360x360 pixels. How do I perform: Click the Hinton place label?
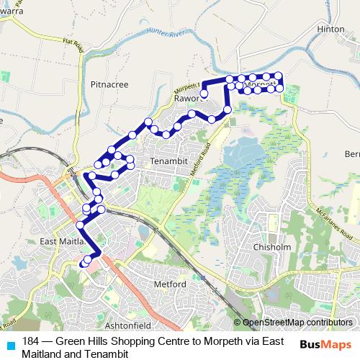[x=331, y=28]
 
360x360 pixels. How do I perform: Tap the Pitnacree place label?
[x=109, y=84]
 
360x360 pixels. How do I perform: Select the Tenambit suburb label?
[x=168, y=163]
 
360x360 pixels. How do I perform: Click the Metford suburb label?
[x=171, y=284]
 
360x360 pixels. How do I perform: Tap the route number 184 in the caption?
[x=30, y=341]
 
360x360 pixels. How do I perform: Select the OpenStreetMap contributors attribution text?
[x=297, y=322]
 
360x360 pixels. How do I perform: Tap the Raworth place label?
[x=190, y=99]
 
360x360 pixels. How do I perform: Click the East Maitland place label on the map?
[x=63, y=241]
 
